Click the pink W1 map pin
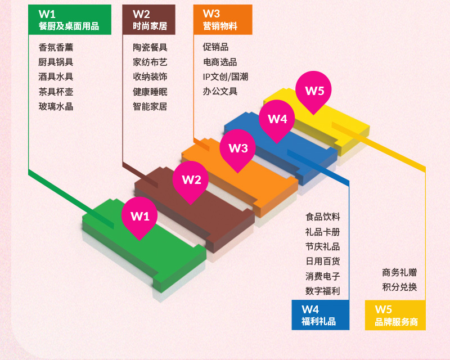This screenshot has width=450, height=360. tap(139, 215)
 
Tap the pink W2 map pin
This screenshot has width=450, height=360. tap(191, 179)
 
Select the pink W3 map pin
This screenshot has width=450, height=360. tap(238, 148)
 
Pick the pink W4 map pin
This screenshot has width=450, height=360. tap(277, 119)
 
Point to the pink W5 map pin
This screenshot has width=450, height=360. tap(314, 90)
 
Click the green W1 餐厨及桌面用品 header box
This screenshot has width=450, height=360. tap(69, 20)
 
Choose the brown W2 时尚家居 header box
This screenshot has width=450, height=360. tap(149, 20)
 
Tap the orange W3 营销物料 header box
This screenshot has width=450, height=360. tap(222, 20)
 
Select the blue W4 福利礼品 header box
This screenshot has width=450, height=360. tap(320, 315)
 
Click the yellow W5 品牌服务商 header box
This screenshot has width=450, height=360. tap(395, 315)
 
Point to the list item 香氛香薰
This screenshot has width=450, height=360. tap(56, 48)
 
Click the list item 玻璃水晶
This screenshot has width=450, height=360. tap(56, 106)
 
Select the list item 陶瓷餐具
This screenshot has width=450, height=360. tap(150, 48)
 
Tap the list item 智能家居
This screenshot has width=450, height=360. tap(150, 106)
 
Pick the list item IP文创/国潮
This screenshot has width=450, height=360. tap(226, 77)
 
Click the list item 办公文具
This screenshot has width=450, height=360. tap(220, 92)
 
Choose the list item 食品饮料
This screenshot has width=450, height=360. tap(323, 217)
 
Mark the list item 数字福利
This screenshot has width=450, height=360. tap(323, 291)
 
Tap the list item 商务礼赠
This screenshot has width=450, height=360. tap(399, 273)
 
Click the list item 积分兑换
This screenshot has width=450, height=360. tap(399, 287)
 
